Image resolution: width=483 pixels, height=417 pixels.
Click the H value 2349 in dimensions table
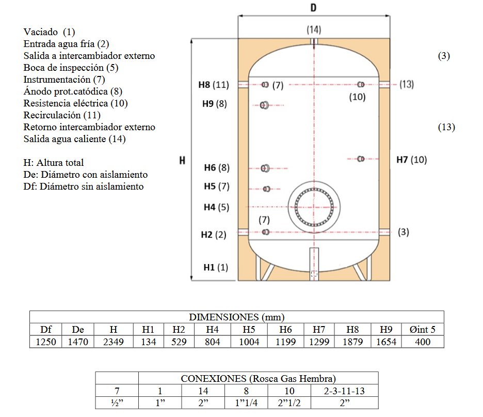(114, 342)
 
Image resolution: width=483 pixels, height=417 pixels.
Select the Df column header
(46, 329)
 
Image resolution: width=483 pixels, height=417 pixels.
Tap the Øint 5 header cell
(422, 329)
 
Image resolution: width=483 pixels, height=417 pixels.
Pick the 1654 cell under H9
(386, 342)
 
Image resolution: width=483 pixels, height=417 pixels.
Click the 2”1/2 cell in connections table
(289, 403)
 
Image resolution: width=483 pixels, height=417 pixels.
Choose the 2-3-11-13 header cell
(344, 391)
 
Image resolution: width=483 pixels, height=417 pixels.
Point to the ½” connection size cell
(117, 403)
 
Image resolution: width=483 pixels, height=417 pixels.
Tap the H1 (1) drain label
(216, 267)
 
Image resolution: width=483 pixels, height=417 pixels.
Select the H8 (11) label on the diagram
(214, 85)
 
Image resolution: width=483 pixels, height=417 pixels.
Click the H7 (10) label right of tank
(412, 160)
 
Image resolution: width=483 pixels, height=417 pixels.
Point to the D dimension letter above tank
(313, 7)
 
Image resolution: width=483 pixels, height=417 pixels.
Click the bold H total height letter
(182, 160)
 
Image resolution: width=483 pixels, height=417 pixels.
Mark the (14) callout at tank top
(314, 29)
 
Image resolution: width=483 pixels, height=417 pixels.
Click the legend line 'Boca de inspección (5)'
(71, 68)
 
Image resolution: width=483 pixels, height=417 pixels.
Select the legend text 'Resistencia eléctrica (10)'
(75, 103)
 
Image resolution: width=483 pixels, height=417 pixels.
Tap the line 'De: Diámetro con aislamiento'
(85, 175)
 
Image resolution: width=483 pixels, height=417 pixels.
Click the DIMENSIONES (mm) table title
(236, 317)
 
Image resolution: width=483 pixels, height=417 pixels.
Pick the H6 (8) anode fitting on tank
(265, 168)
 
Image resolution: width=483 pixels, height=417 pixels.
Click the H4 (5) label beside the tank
(217, 207)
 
